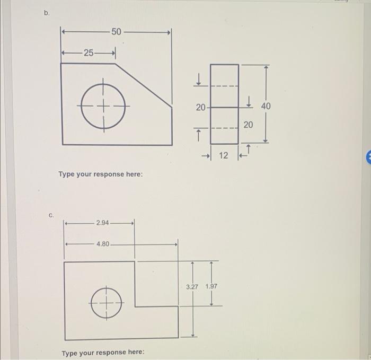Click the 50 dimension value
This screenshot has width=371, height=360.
click(117, 32)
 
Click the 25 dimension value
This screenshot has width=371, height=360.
click(89, 52)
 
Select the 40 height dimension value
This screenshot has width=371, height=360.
click(266, 106)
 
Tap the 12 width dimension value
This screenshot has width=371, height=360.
click(224, 155)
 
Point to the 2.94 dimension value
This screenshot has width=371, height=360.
click(103, 223)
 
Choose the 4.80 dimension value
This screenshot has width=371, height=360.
click(103, 244)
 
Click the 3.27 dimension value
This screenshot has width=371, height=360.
click(192, 286)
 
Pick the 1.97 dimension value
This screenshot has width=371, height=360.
click(211, 286)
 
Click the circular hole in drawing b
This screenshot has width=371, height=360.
click(103, 106)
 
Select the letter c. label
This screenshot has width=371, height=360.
click(51, 216)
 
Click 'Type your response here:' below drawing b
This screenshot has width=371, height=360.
click(100, 174)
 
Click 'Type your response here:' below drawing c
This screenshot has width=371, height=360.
click(103, 353)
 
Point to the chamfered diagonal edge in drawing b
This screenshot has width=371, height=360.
click(144, 84)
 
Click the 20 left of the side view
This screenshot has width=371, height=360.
click(200, 108)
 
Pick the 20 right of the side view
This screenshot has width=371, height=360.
click(248, 125)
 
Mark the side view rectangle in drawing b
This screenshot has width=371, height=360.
click(224, 104)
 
